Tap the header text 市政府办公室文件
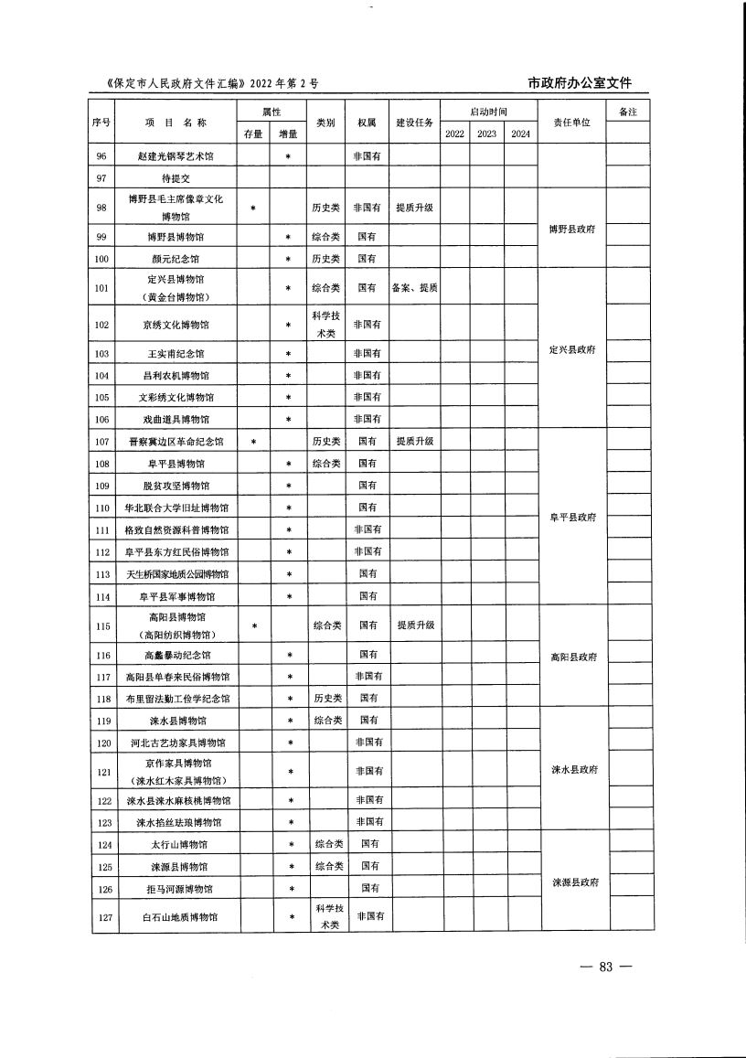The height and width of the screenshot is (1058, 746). point(580,83)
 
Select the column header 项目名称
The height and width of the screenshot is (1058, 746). point(176,123)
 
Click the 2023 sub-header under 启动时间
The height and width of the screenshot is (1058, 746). point(486,134)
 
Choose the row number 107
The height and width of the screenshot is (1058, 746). point(102,441)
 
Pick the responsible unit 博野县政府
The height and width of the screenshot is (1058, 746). point(571,229)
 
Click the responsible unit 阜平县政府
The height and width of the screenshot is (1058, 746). point(571,518)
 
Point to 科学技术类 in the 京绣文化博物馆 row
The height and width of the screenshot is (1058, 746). point(327,324)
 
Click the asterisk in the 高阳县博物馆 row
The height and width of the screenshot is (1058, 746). point(254,626)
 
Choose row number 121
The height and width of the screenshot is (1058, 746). point(102,772)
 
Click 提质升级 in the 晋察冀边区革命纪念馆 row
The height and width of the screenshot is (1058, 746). point(414,441)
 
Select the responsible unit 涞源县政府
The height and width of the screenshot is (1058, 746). point(573,882)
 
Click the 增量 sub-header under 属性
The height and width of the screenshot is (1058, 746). point(288,134)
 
